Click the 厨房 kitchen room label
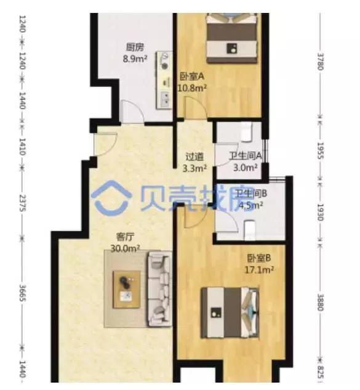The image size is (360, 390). (x=135, y=47)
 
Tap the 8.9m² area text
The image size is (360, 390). (x=135, y=59)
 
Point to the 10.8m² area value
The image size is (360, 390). (x=191, y=88)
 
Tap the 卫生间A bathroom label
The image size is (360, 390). (x=246, y=156)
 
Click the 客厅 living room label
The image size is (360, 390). (x=126, y=237)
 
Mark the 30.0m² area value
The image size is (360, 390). (x=126, y=248)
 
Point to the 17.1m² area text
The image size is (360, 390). (x=260, y=269)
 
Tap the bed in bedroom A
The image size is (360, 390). (x=231, y=37)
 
